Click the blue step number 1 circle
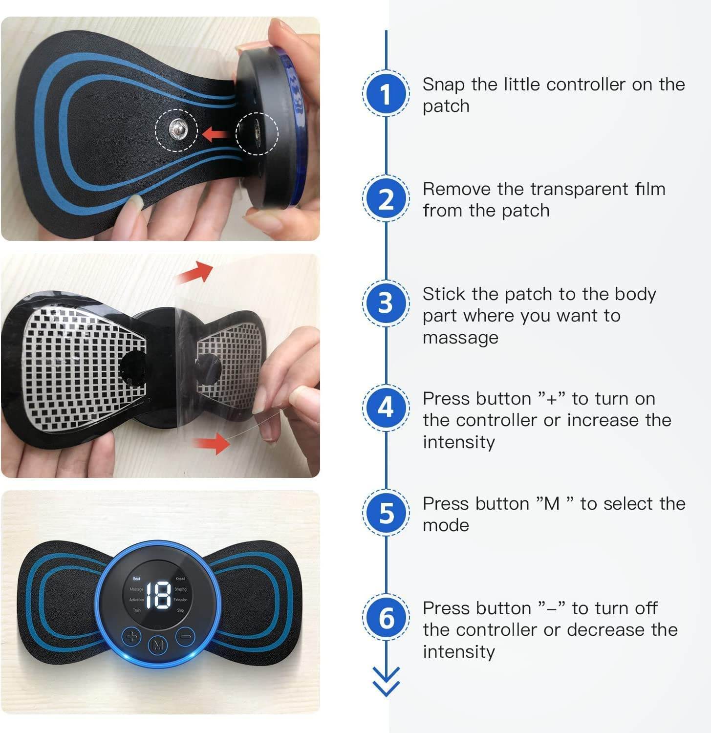tap(386, 93)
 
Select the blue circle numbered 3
tap(386, 303)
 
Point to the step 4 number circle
tap(386, 408)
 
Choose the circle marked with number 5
tap(386, 513)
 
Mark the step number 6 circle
tap(386, 617)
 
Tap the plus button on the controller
tap(131, 636)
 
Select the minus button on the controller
tap(186, 636)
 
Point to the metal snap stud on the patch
tap(177, 129)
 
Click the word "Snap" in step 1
tap(443, 85)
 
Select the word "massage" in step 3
tap(460, 338)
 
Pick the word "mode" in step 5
tap(446, 525)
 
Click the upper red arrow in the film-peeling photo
tap(195, 272)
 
